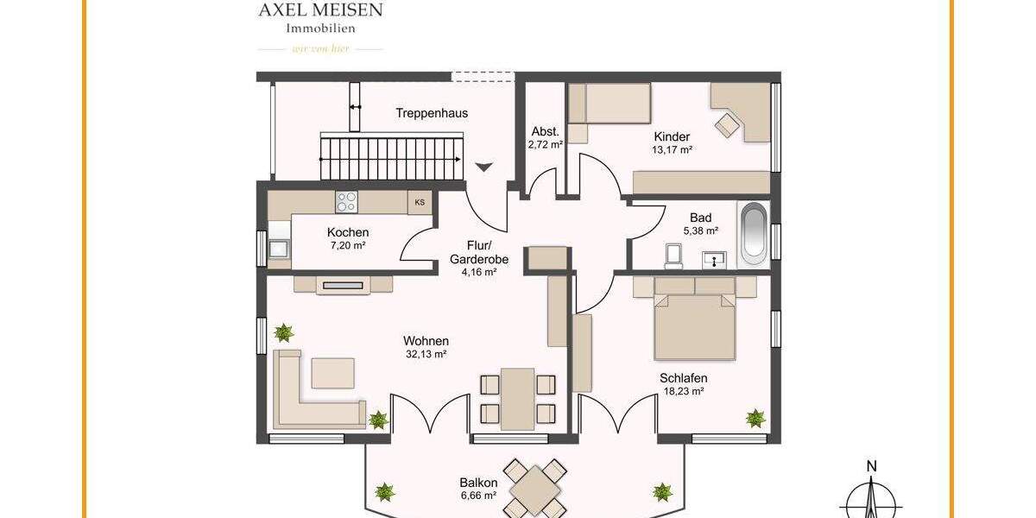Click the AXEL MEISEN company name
click(x=320, y=9)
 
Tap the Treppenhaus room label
click(x=432, y=113)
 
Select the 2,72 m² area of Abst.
click(x=545, y=145)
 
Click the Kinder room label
click(x=672, y=136)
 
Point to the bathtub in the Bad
click(x=753, y=233)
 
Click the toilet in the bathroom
click(x=674, y=255)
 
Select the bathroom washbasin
click(x=715, y=257)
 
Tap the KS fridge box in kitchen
click(x=420, y=203)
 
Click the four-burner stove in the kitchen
click(x=346, y=202)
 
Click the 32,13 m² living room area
click(x=426, y=354)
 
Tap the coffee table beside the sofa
click(x=332, y=372)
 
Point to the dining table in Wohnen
click(x=517, y=397)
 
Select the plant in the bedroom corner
click(x=755, y=418)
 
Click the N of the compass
click(x=872, y=467)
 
